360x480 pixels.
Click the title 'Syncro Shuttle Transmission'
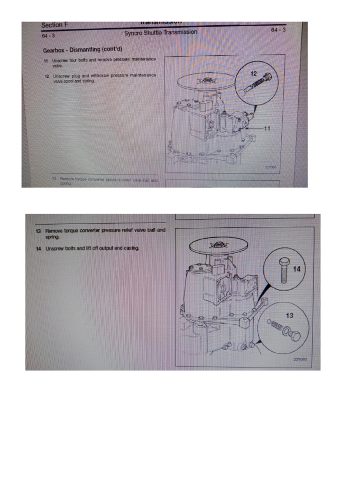[x=160, y=33]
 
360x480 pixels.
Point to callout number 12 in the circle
[x=253, y=74]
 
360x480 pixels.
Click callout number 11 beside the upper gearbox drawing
[x=268, y=127]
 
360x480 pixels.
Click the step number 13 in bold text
[x=38, y=231]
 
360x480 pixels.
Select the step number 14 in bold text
[x=38, y=248]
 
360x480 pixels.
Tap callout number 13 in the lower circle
[x=289, y=315]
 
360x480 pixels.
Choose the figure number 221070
[x=300, y=359]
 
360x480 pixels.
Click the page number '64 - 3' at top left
[x=48, y=36]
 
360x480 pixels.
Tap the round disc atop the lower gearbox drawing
[x=218, y=245]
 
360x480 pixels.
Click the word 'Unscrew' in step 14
[x=54, y=248]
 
